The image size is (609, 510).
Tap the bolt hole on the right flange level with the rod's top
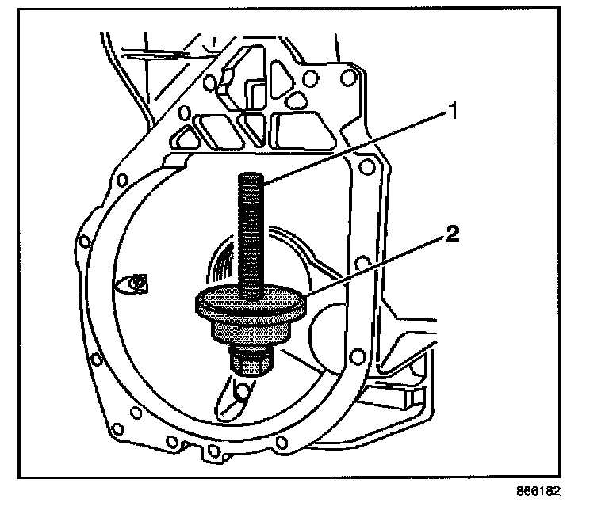click(366, 167)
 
